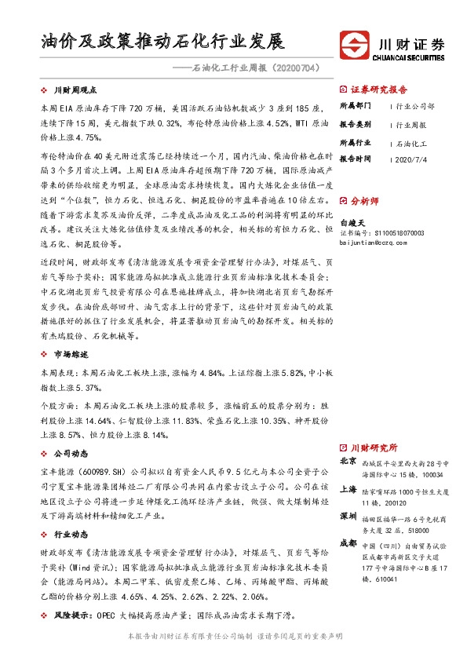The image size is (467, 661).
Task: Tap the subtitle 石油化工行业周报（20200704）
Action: click(x=245, y=69)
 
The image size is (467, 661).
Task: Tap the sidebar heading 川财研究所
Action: click(x=374, y=446)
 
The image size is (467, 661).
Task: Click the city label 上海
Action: click(x=349, y=488)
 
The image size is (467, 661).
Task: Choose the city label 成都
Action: click(x=349, y=542)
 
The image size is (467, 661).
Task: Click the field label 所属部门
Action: click(x=354, y=105)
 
